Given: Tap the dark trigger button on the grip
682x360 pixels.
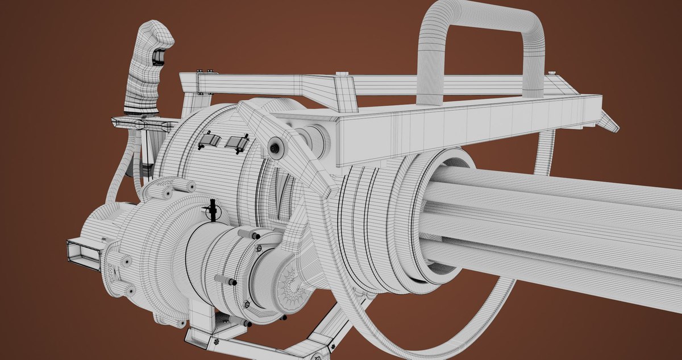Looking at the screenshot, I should pos(159,56).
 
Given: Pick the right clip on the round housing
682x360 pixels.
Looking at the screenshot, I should pos(237,143).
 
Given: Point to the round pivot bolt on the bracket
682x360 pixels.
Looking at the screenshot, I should pos(276,148).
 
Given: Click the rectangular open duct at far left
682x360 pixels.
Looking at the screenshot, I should pos(80,253).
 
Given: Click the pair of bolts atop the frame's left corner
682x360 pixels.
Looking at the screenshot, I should pos(205,72).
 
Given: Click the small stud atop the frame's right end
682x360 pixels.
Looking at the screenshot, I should pos(551,73).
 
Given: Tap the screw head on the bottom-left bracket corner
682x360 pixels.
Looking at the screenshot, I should pos(217,341).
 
